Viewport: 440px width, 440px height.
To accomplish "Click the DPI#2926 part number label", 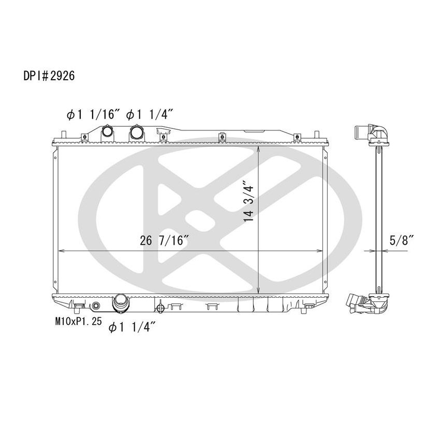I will (x=50, y=76).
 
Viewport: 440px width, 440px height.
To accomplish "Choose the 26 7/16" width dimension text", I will (x=164, y=241).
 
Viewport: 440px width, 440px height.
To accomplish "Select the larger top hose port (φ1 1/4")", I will (x=137, y=133).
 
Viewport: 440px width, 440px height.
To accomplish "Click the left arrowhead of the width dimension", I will (x=60, y=251).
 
